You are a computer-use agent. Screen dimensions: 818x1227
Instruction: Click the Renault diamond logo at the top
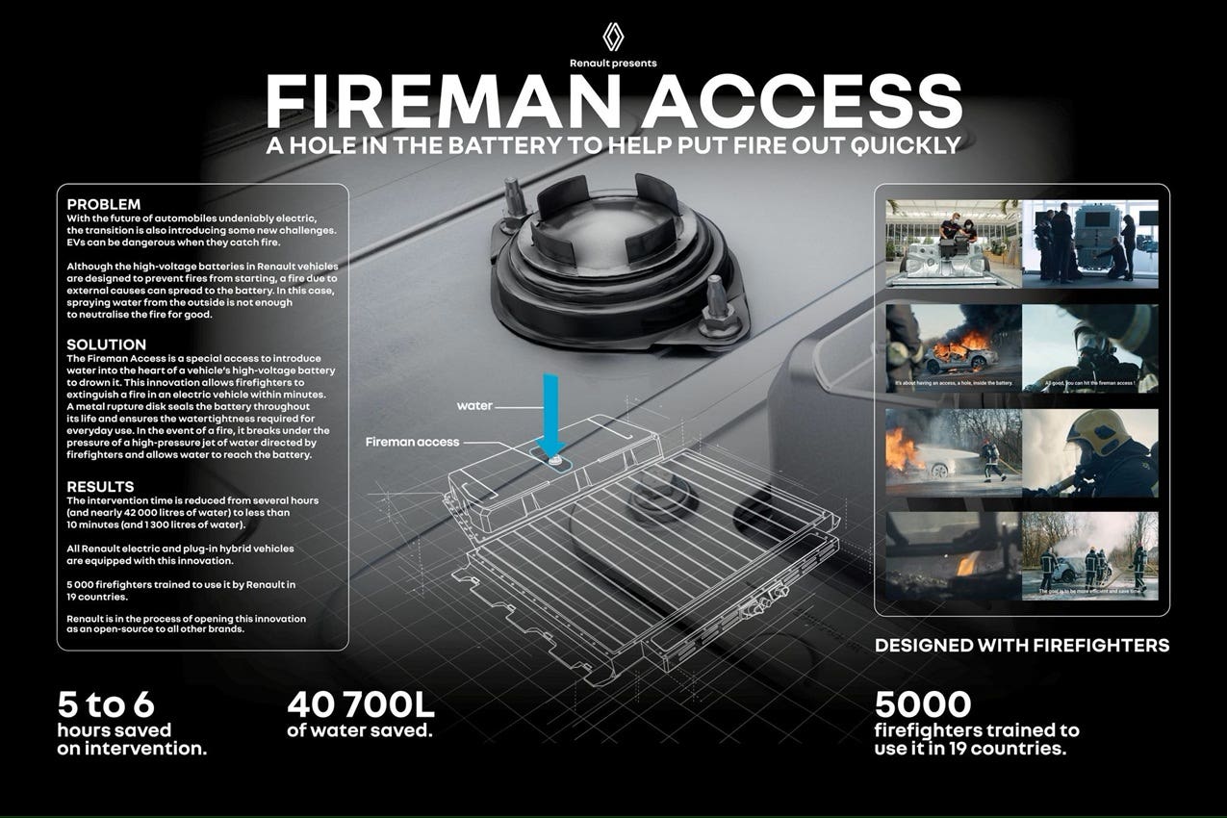(613, 37)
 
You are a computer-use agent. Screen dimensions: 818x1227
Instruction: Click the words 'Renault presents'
(613, 64)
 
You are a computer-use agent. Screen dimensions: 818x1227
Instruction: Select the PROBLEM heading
(104, 204)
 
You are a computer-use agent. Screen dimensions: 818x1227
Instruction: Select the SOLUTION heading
(106, 345)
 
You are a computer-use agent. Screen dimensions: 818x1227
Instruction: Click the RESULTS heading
(100, 487)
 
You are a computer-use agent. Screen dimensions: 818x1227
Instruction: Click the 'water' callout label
(474, 406)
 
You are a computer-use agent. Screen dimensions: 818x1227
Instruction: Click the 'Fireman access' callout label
(412, 442)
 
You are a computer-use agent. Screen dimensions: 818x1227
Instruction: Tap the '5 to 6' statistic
(105, 704)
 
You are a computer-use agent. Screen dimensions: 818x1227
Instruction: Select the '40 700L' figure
(361, 705)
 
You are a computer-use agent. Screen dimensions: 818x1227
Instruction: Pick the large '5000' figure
(923, 704)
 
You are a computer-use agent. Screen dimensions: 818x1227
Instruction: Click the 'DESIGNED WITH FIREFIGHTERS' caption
(1021, 646)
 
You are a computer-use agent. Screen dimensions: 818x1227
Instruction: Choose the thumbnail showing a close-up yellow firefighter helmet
(1089, 452)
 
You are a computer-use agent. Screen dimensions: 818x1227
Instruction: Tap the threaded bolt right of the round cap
(717, 305)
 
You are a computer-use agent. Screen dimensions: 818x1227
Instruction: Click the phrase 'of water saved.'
(359, 730)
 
